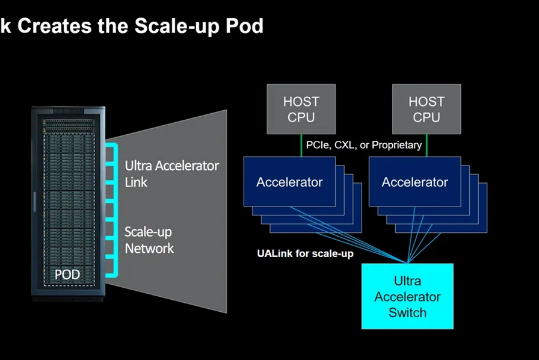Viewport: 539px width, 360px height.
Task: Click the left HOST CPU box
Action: click(301, 109)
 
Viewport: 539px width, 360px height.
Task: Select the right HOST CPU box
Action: click(427, 109)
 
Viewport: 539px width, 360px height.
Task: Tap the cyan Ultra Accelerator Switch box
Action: click(407, 296)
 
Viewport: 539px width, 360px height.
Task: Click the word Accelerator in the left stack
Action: click(289, 182)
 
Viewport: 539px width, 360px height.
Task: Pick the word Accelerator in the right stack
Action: click(414, 182)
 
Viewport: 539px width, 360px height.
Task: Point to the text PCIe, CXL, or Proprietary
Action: click(364, 145)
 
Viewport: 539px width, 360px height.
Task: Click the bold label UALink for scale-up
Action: click(305, 253)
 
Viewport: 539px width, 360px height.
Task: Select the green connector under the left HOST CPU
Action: click(301, 145)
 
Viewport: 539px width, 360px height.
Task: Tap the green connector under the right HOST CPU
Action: click(427, 145)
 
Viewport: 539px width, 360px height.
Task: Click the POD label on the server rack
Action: click(67, 275)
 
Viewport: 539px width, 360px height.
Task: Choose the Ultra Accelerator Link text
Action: click(171, 173)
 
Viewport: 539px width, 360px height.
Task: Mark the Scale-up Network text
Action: click(149, 240)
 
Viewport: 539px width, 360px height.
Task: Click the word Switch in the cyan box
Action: click(407, 312)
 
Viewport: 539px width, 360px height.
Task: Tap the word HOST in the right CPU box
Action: click(427, 102)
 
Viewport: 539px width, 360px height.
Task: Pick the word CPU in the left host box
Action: click(301, 117)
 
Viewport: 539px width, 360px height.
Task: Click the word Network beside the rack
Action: click(149, 248)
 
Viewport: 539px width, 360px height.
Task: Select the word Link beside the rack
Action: click(137, 182)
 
